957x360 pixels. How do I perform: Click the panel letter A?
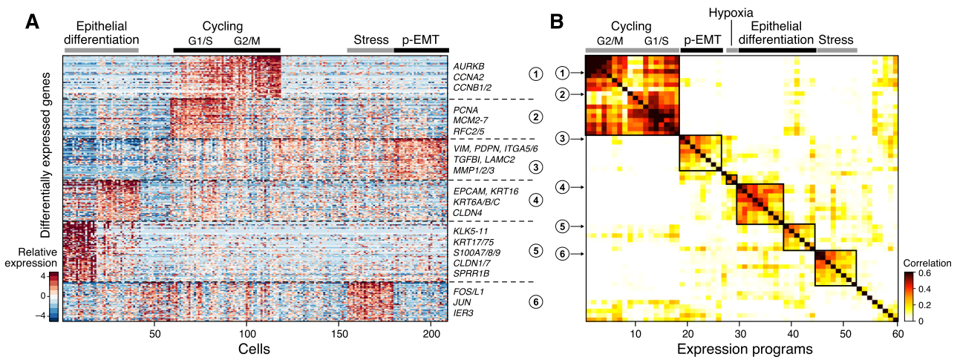pos(33,21)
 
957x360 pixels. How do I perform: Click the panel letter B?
pos(561,21)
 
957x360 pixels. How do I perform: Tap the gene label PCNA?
pos(466,110)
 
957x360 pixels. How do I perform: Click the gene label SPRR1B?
pos(470,273)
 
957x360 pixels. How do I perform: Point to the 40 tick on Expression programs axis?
pos(792,336)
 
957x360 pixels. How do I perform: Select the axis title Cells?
pos(254,347)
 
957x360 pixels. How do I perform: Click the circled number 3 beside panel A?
pos(535,166)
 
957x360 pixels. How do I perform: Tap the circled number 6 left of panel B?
pos(564,254)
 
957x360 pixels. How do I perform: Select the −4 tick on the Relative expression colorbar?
pos(43,315)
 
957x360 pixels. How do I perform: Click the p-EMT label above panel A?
pos(420,39)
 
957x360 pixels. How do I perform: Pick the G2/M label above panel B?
pos(610,40)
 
